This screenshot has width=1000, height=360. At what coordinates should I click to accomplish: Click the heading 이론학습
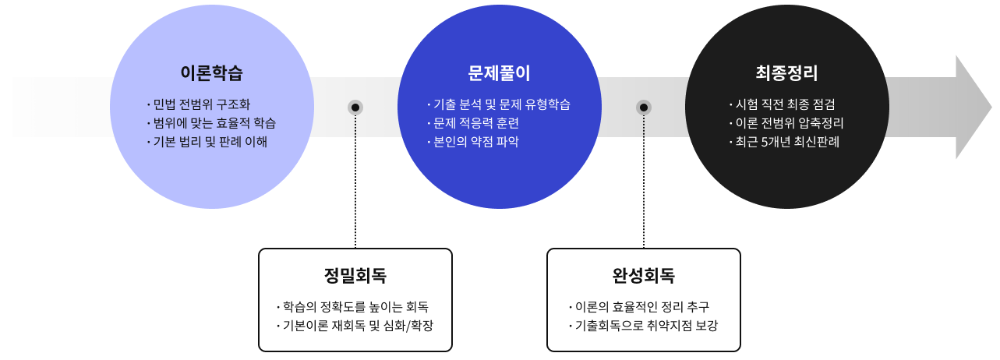click(211, 74)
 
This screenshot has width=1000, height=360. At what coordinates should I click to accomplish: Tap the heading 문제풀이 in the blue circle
click(500, 74)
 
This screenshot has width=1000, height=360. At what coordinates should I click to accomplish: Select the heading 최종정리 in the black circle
click(786, 74)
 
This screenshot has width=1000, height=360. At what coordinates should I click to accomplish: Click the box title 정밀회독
click(355, 275)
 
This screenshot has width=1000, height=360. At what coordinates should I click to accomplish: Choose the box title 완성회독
click(644, 275)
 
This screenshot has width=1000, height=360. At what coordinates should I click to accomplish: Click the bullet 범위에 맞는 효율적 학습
click(211, 123)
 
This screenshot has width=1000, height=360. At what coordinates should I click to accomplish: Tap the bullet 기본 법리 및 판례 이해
click(207, 142)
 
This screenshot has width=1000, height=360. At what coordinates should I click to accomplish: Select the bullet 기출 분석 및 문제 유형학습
click(500, 104)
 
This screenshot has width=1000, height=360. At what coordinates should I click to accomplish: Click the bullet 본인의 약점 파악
click(473, 142)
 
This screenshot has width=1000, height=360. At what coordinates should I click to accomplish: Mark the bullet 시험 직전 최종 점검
click(786, 104)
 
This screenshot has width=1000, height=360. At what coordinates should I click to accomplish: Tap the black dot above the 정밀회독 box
click(355, 108)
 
